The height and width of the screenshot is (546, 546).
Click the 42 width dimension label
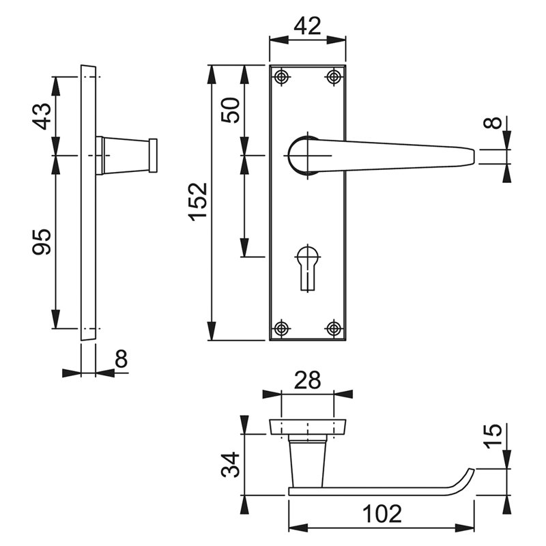307,26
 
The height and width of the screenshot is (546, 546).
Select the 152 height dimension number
198,202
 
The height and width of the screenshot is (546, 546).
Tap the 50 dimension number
231,110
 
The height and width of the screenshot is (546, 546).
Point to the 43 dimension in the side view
42,116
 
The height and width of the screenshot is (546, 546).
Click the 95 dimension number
42,242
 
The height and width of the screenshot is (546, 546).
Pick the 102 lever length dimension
382,514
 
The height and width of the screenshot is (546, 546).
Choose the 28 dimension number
307,380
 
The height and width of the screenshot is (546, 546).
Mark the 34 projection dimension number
231,465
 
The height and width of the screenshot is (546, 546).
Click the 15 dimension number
493,436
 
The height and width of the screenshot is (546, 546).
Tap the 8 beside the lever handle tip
493,123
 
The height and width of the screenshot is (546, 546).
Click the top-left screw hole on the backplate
281,77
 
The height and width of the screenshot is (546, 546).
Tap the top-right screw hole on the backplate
334,77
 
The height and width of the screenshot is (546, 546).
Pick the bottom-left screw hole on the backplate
281,328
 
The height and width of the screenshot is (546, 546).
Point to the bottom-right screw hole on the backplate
334,328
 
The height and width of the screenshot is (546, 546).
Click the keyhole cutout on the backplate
308,268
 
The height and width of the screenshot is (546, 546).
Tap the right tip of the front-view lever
474,157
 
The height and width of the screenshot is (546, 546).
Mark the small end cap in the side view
153,156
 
